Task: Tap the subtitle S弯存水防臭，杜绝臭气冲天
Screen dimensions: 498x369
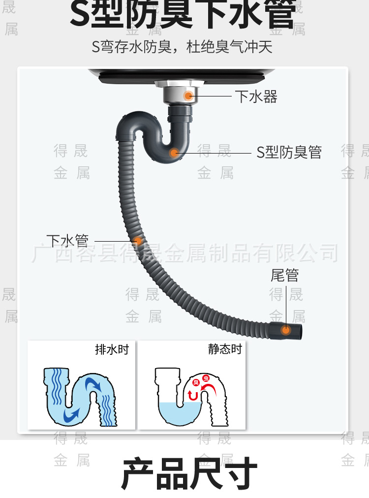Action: click(x=182, y=47)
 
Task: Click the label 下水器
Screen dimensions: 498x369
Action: click(x=256, y=96)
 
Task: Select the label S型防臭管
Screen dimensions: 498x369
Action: click(x=289, y=153)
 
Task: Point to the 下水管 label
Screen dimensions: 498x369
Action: click(x=67, y=241)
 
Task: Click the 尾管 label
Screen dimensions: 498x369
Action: click(x=284, y=275)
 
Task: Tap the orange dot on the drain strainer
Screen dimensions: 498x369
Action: click(x=188, y=95)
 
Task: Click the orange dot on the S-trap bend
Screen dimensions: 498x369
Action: click(x=174, y=153)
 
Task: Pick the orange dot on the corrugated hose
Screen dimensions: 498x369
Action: click(x=139, y=241)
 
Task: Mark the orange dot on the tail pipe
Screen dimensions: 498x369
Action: click(x=285, y=330)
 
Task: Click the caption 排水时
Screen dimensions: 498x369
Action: click(x=112, y=349)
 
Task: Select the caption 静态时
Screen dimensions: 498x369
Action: click(x=225, y=349)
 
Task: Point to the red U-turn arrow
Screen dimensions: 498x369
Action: click(x=193, y=395)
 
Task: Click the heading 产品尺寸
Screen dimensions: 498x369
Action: click(x=189, y=473)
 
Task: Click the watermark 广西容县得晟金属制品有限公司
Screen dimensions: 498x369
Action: click(x=185, y=253)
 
